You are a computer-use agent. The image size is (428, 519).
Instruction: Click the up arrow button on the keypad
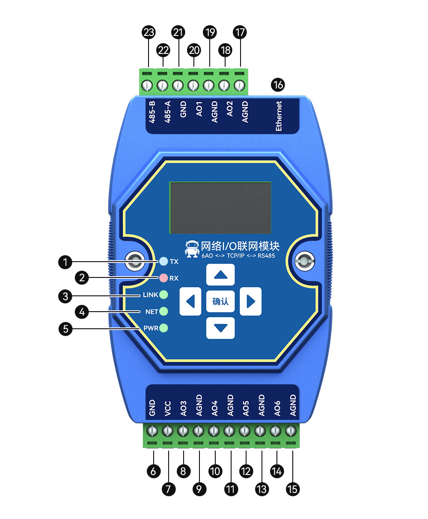click(220, 274)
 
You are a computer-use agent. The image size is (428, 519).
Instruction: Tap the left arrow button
click(190, 301)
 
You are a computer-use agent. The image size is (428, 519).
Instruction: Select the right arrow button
click(250, 301)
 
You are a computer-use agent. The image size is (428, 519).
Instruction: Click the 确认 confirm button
click(220, 301)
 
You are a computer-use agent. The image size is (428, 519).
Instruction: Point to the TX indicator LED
click(163, 261)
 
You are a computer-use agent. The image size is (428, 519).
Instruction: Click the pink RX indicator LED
click(163, 278)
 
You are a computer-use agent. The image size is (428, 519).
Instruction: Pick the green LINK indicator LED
click(163, 295)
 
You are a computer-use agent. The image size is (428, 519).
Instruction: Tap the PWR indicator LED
click(163, 328)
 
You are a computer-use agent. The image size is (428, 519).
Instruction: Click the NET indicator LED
click(163, 311)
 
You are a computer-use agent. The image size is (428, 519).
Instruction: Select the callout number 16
click(278, 85)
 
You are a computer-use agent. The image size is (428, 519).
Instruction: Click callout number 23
click(149, 32)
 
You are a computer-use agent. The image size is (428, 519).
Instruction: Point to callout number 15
click(293, 489)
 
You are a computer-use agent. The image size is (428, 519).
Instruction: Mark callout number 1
click(65, 262)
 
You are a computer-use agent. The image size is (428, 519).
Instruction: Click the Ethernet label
click(279, 116)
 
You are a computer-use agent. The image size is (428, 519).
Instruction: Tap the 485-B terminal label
click(152, 112)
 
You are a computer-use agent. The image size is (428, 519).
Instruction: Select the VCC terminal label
click(168, 408)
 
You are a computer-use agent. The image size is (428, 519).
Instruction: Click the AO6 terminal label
click(277, 408)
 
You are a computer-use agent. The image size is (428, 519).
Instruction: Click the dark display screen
click(220, 208)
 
